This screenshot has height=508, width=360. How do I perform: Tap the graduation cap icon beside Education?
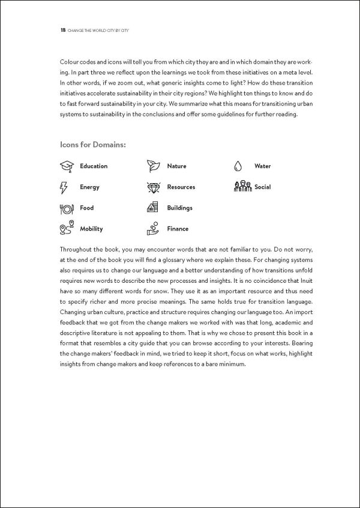click(x=66, y=166)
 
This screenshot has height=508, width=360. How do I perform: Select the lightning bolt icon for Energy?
click(x=65, y=187)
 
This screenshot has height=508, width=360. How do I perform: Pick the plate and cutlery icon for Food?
click(x=66, y=208)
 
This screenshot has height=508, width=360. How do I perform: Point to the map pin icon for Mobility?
click(x=66, y=229)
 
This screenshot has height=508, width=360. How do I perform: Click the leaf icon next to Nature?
click(x=153, y=166)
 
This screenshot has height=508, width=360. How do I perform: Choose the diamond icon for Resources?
click(x=153, y=187)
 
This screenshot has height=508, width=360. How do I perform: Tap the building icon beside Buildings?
click(x=153, y=208)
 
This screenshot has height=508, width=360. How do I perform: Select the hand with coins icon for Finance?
click(x=153, y=228)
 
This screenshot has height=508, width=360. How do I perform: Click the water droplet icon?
click(x=239, y=166)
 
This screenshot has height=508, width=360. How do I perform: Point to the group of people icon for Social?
click(x=242, y=187)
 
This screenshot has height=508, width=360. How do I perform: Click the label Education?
click(x=94, y=166)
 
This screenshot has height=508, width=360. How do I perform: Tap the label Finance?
click(x=178, y=229)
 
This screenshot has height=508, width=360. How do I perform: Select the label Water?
click(x=262, y=166)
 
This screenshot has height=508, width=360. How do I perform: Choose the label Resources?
click(x=181, y=187)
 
